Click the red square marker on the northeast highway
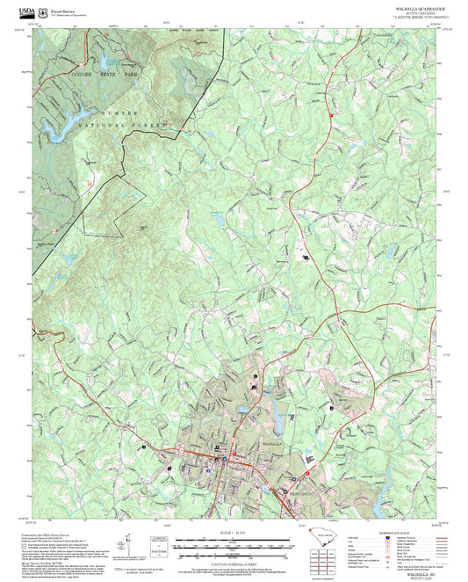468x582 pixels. tap(330, 115)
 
